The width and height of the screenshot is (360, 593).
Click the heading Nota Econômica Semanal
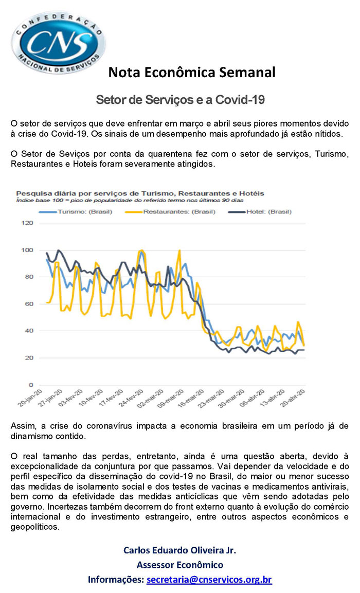(192, 72)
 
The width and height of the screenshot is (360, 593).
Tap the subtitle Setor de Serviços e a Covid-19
(180, 99)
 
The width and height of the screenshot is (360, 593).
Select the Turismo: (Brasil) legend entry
(76, 212)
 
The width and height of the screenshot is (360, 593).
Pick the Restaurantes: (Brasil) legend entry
(170, 212)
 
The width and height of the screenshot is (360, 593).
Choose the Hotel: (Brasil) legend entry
(260, 212)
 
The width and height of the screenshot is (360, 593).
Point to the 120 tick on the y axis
(28, 223)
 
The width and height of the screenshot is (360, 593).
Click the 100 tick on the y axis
(28, 250)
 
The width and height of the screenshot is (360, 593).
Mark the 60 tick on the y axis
(29, 303)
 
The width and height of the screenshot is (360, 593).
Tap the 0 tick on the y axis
(31, 385)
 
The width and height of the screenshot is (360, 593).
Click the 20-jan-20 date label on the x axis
(30, 398)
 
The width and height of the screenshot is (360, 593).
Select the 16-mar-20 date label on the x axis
(191, 398)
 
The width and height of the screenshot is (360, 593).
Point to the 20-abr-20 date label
(292, 398)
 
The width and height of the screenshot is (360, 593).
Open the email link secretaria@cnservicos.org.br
(209, 580)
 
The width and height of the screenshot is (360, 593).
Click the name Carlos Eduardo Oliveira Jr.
(179, 550)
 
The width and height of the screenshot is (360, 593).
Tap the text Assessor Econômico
(180, 565)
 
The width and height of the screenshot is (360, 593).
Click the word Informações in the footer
(116, 580)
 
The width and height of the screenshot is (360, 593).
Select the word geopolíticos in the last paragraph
(35, 527)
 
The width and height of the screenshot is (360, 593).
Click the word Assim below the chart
(23, 426)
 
